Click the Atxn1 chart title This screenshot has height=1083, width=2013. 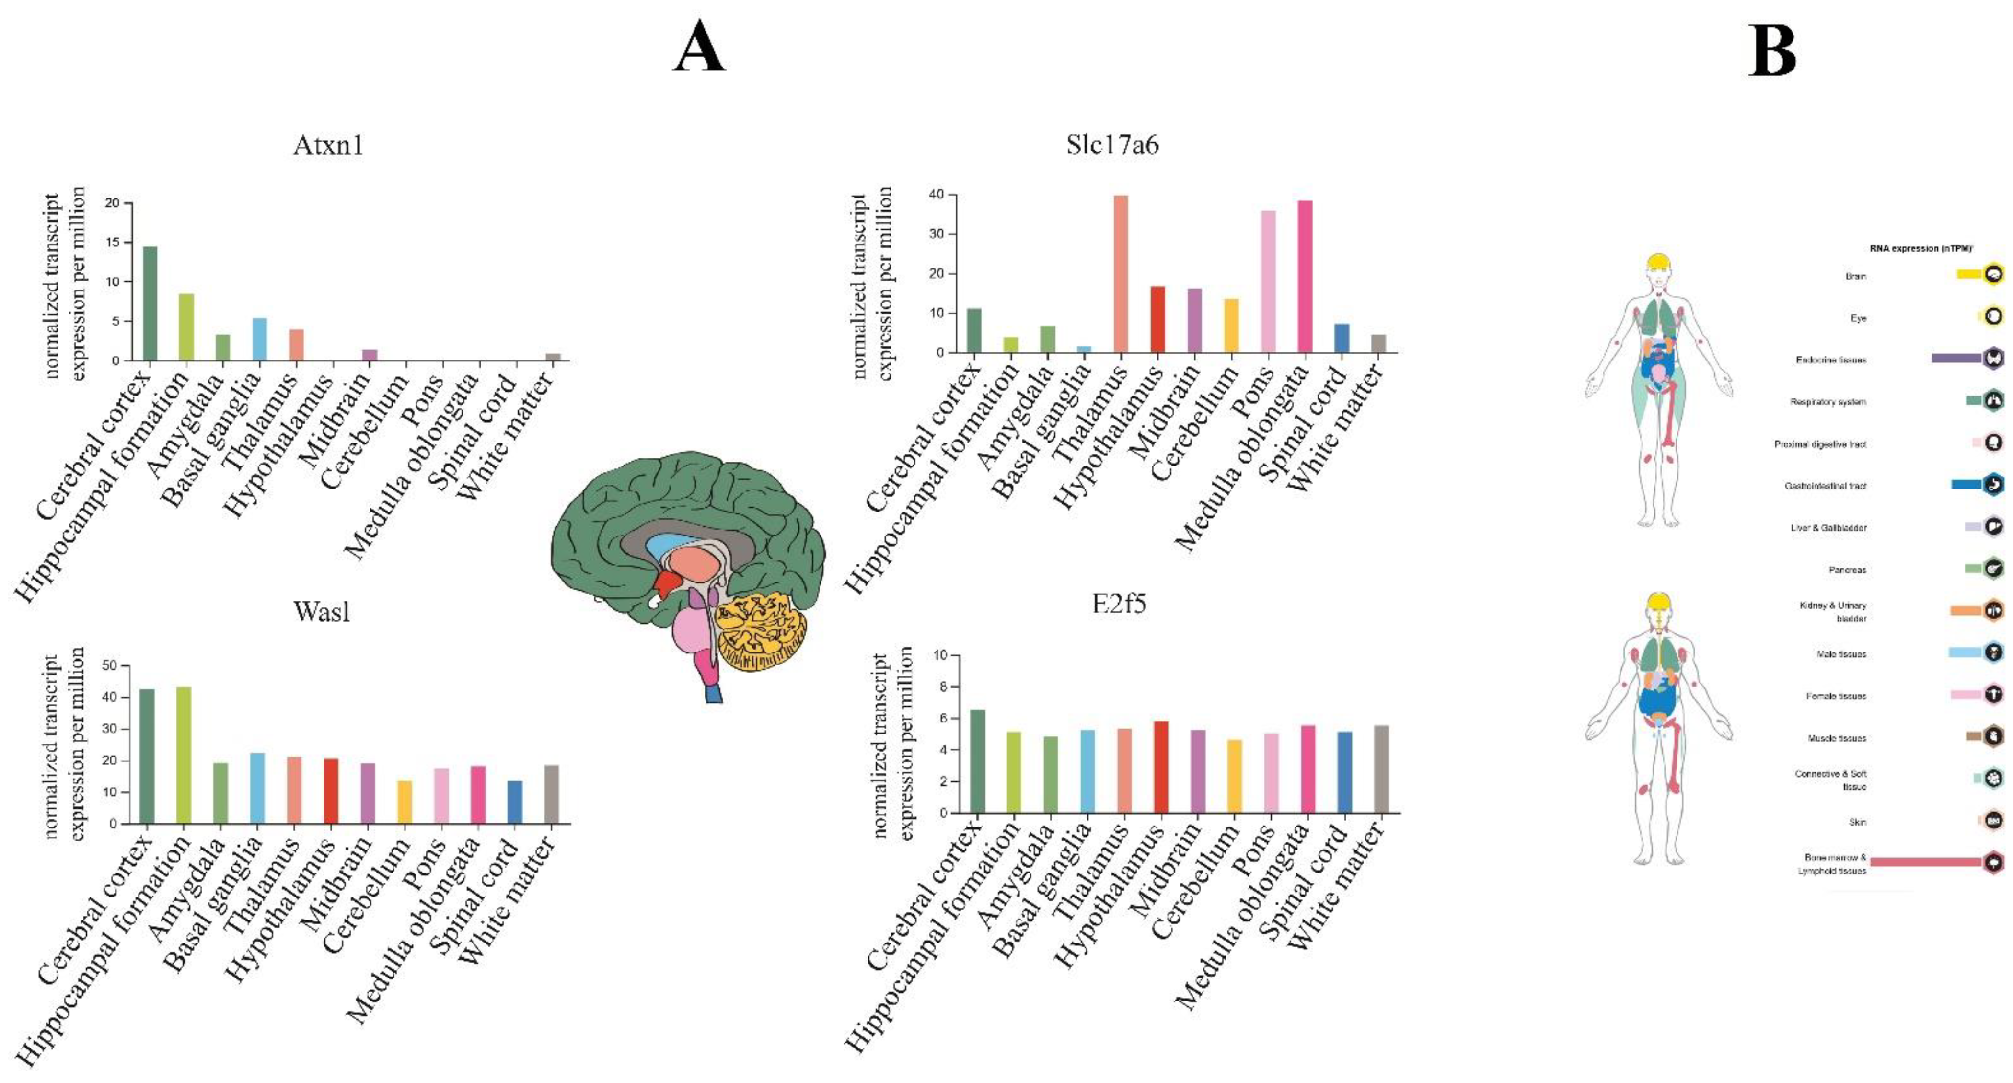[x=328, y=146]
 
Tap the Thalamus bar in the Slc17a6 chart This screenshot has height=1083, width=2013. [x=1121, y=273]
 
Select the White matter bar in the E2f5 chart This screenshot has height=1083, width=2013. [x=1381, y=769]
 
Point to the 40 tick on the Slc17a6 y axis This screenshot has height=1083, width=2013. [x=936, y=195]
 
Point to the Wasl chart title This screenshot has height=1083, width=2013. [x=322, y=611]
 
